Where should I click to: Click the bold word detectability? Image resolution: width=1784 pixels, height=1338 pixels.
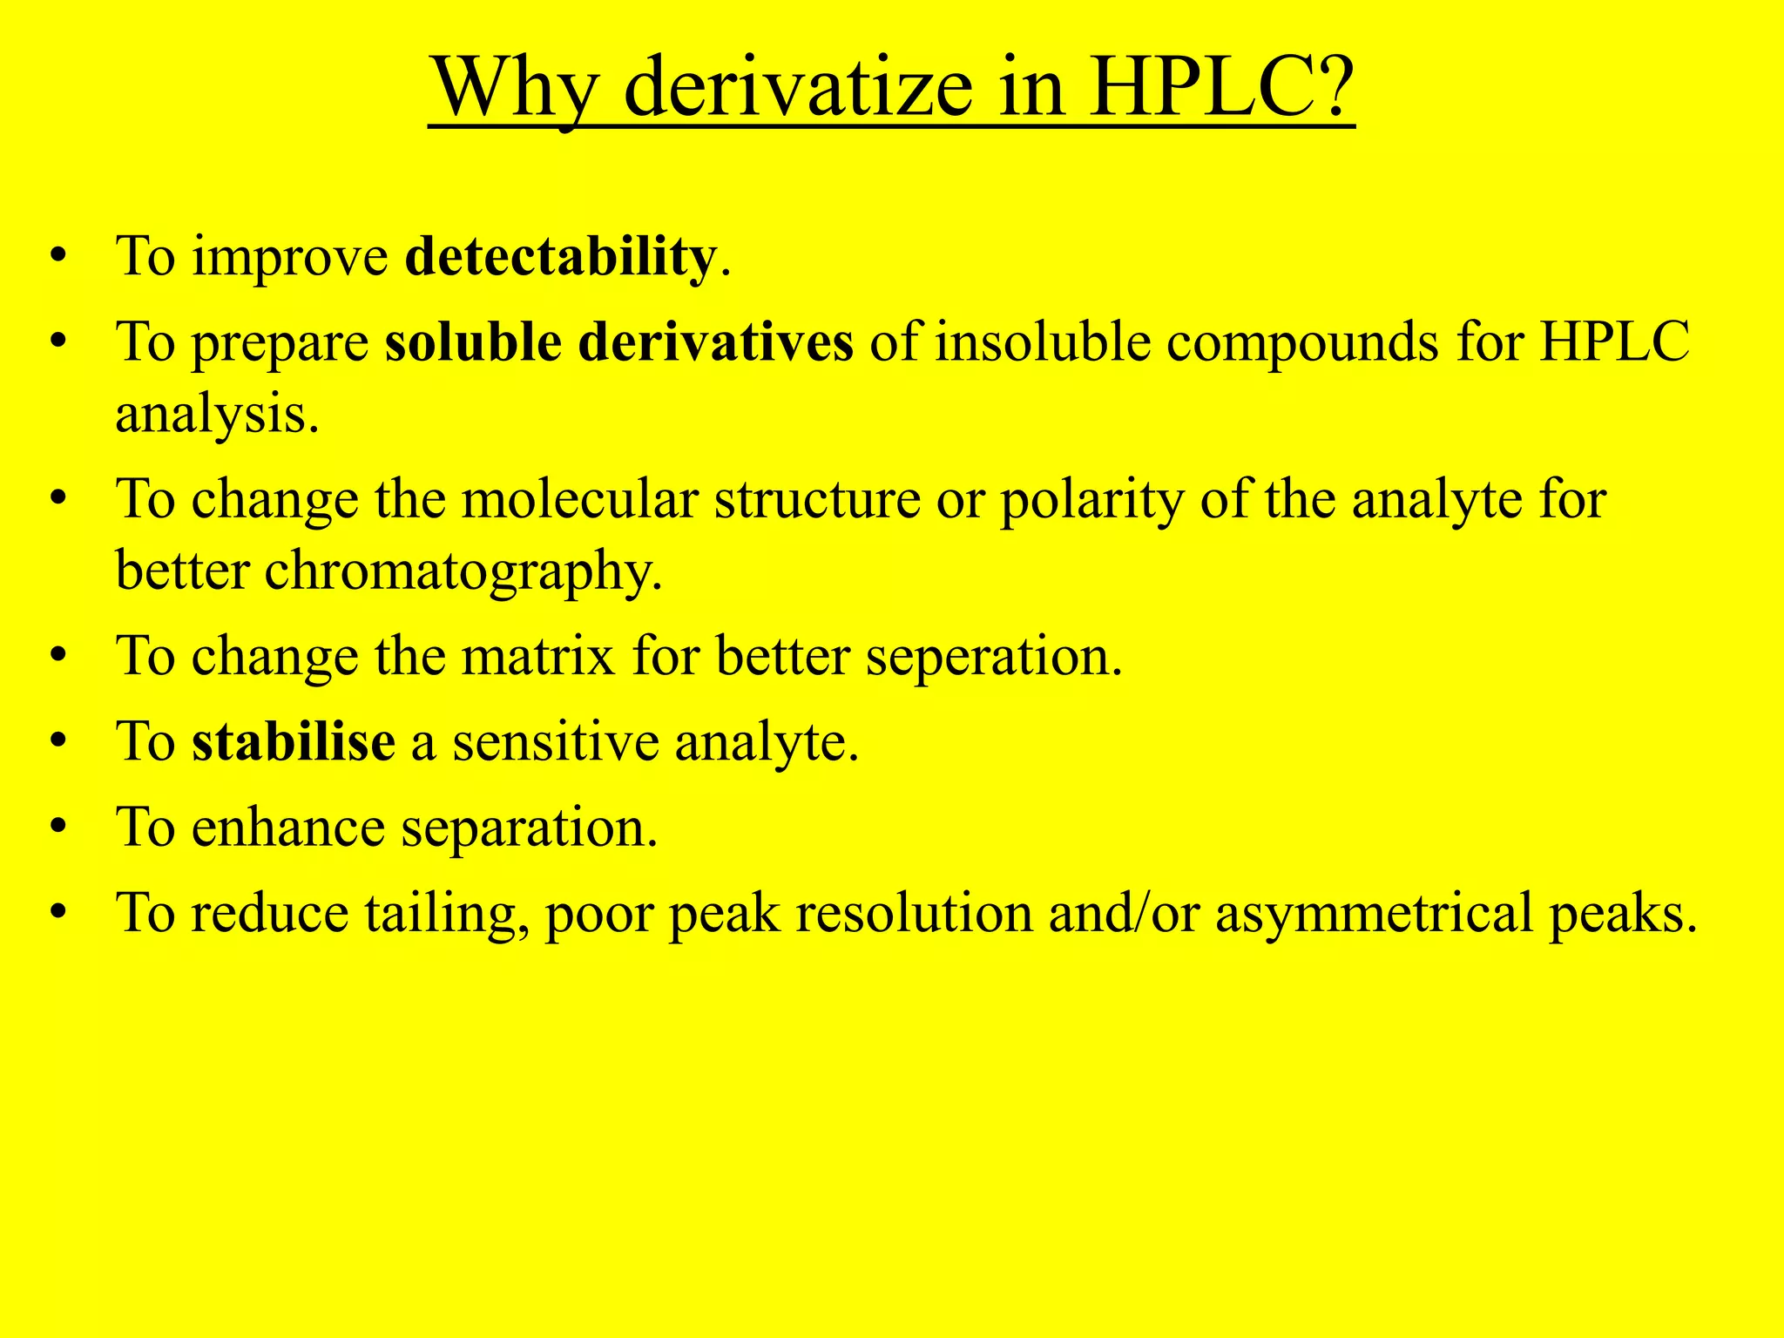click(561, 257)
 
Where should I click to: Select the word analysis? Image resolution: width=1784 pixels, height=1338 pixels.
click(217, 413)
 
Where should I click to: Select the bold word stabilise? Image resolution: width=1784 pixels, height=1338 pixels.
click(294, 741)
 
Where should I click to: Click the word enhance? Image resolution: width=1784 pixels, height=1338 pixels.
click(287, 827)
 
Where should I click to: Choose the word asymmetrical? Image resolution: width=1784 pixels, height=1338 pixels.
click(1373, 913)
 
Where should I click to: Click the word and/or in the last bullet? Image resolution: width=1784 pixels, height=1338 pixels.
click(1124, 913)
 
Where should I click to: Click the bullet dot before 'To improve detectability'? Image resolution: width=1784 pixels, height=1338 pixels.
click(58, 257)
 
